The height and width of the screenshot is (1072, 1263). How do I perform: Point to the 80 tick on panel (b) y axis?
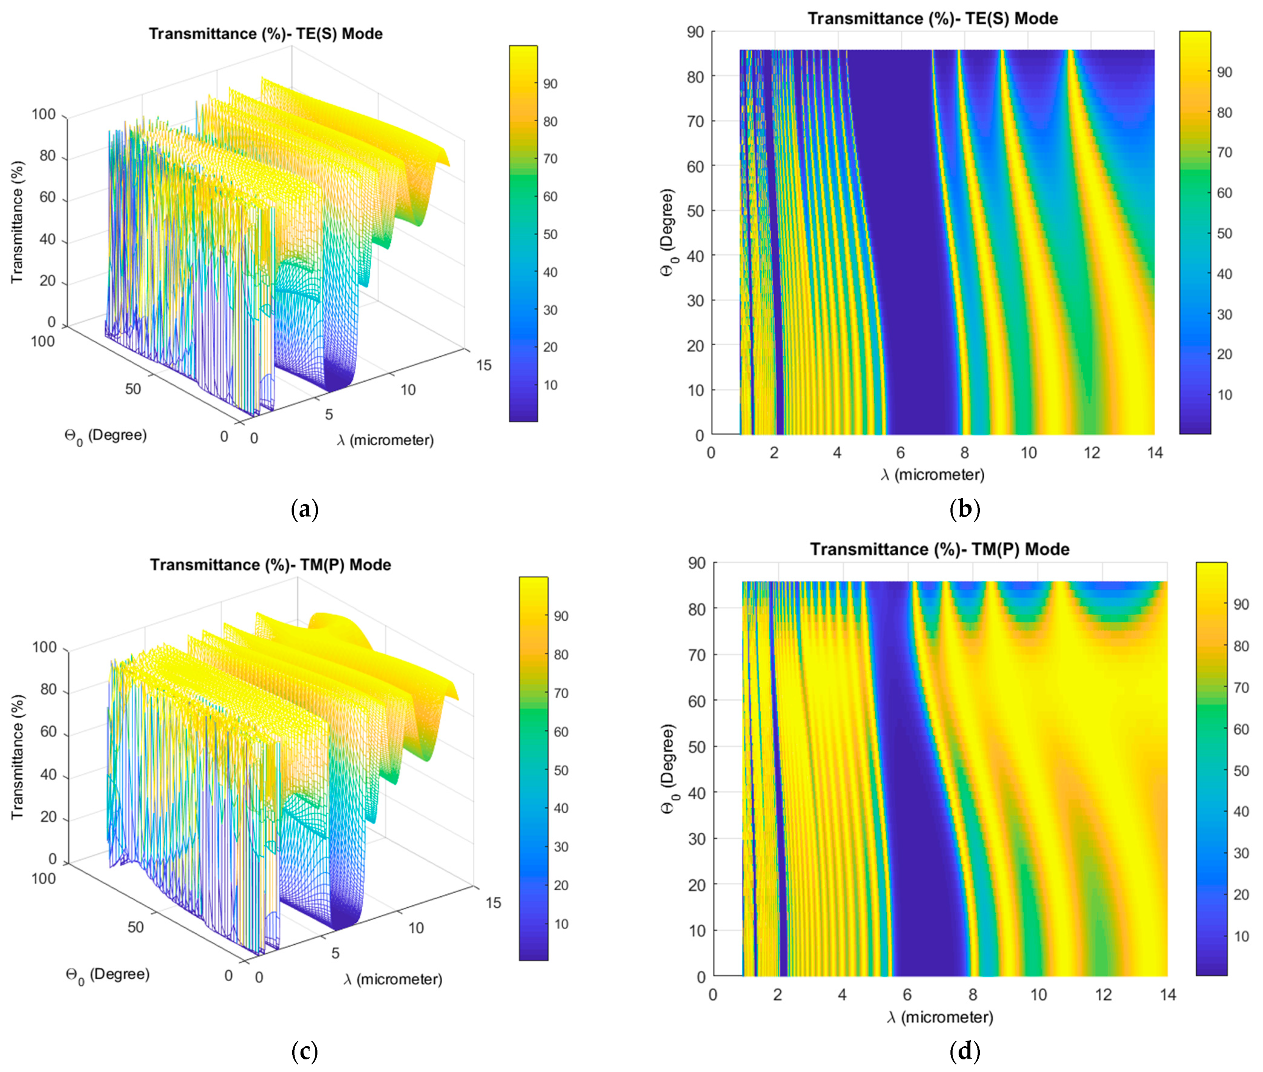point(695,77)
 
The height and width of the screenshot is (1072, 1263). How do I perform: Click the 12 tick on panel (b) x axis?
point(1091,453)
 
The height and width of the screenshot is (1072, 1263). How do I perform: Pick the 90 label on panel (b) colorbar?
point(1224,72)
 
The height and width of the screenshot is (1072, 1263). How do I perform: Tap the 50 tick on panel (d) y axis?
point(696,747)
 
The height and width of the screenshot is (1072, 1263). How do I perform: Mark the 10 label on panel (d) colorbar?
point(1241,936)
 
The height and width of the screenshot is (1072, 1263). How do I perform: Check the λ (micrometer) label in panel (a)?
point(385,440)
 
